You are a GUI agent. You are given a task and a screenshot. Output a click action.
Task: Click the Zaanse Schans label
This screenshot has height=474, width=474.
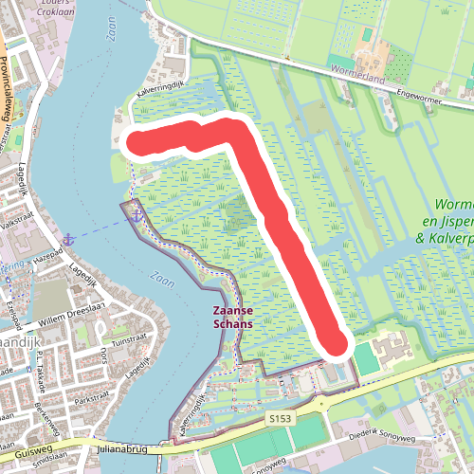(231, 316)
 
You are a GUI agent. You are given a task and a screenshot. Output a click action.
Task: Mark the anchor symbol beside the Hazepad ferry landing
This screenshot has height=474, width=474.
(69, 238)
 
